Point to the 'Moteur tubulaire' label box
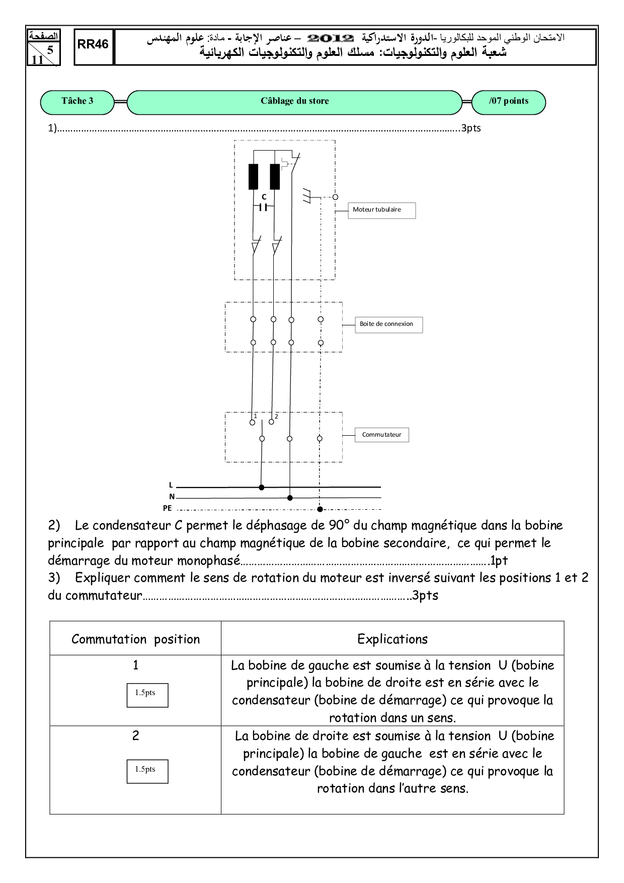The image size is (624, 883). [x=381, y=211]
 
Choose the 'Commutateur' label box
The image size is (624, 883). [x=381, y=435]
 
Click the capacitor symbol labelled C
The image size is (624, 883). [x=263, y=207]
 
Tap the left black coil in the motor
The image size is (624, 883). [x=253, y=176]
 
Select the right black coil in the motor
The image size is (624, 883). [x=275, y=176]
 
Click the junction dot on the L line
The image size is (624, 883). [x=261, y=487]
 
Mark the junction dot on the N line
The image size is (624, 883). [x=290, y=498]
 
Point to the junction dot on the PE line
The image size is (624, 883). [x=320, y=509]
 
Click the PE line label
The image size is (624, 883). [x=167, y=509]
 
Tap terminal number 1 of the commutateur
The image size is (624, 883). [x=253, y=422]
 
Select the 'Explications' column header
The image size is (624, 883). [x=392, y=639]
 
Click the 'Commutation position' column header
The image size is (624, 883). [x=135, y=639]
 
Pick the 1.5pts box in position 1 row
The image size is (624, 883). [x=147, y=695]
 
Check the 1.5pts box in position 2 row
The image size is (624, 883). [x=147, y=771]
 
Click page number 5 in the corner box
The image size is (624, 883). [x=50, y=49]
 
